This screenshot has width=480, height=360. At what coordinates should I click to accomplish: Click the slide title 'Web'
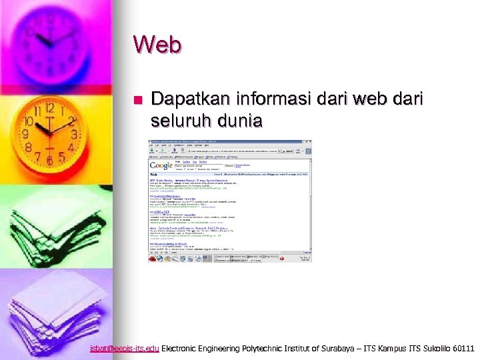coord(157,45)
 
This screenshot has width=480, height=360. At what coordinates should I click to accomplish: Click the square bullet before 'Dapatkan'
coord(138,100)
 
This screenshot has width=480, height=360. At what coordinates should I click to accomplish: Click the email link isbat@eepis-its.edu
coord(125,348)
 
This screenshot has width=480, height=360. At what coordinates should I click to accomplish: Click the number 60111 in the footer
coord(463,348)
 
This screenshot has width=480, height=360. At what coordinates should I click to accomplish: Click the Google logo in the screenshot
coord(161,165)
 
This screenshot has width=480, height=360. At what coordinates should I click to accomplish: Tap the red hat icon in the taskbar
coord(152,259)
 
